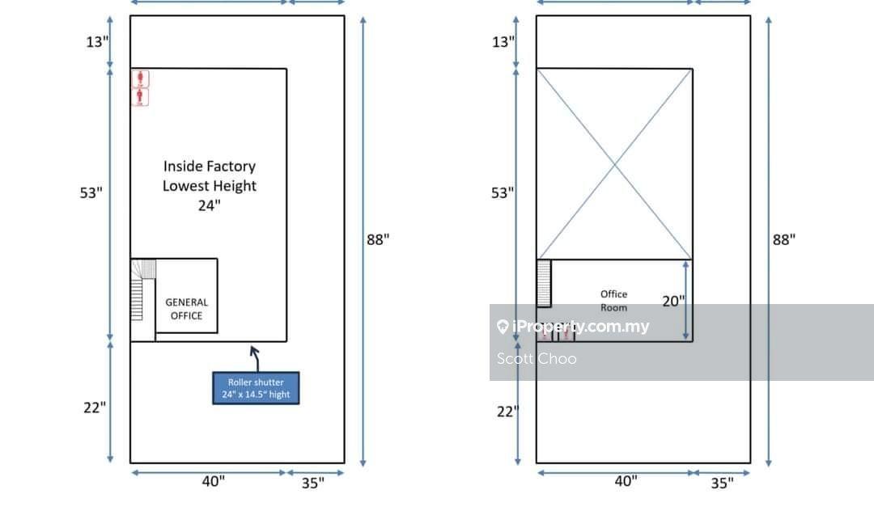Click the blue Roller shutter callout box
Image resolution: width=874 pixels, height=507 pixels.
coord(256,388)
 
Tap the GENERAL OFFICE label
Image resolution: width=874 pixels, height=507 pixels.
coord(187,309)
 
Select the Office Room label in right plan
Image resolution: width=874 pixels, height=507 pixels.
coord(613,300)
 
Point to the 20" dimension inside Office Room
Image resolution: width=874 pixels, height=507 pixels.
coord(673,301)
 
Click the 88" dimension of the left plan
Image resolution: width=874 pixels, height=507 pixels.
coord(378,239)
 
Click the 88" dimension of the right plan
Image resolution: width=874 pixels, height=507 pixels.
coord(783,239)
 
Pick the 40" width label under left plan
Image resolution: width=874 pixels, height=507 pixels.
coord(214,481)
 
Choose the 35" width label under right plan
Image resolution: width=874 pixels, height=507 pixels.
coord(723,483)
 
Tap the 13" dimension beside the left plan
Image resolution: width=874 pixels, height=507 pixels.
coord(98,42)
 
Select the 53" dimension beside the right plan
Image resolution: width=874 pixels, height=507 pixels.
coord(503,192)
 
